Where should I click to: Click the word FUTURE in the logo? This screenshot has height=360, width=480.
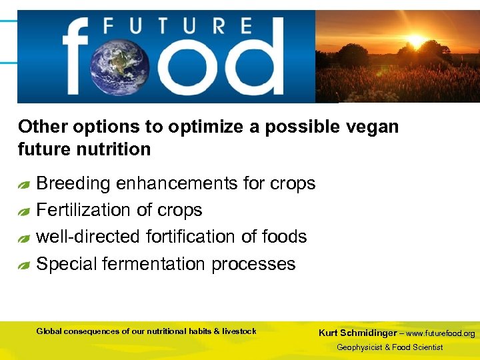pyautogui.click(x=177, y=27)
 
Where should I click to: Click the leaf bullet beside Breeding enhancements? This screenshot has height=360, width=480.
pyautogui.click(x=24, y=185)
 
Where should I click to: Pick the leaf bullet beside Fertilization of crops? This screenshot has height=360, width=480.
pyautogui.click(x=24, y=212)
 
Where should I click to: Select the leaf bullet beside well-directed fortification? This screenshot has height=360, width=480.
pyautogui.click(x=24, y=238)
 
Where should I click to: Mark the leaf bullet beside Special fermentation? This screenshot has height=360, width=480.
pyautogui.click(x=24, y=265)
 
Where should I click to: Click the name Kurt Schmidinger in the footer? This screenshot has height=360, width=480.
pyautogui.click(x=359, y=333)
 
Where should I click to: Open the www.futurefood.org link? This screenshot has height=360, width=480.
pyautogui.click(x=441, y=333)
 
